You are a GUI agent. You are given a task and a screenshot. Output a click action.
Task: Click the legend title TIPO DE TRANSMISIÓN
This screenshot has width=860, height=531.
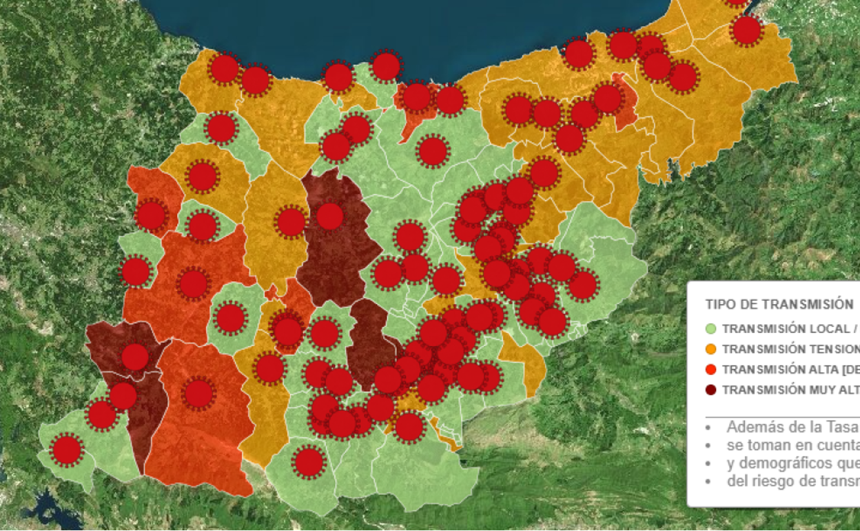pos(779,304)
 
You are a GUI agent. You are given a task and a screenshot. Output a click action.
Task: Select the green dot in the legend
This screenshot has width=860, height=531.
pos(711,329)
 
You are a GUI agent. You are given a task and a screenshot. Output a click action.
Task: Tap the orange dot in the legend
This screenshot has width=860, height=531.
pos(711,349)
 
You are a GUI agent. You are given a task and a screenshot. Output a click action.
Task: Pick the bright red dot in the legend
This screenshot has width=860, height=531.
pos(711,370)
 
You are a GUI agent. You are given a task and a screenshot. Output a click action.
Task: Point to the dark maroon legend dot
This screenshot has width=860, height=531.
pos(711,390)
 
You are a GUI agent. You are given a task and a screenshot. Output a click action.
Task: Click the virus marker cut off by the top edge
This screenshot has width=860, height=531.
pos(736,2)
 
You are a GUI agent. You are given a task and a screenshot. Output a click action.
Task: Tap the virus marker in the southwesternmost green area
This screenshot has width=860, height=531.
pos(67,450)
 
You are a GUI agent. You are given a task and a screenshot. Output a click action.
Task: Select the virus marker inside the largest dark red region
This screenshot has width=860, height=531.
pos(330,216)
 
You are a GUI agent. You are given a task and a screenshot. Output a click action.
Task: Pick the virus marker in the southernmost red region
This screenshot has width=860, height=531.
pos(198,393)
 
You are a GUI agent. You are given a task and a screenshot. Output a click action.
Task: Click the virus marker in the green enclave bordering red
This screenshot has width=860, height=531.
pos(230,317)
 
